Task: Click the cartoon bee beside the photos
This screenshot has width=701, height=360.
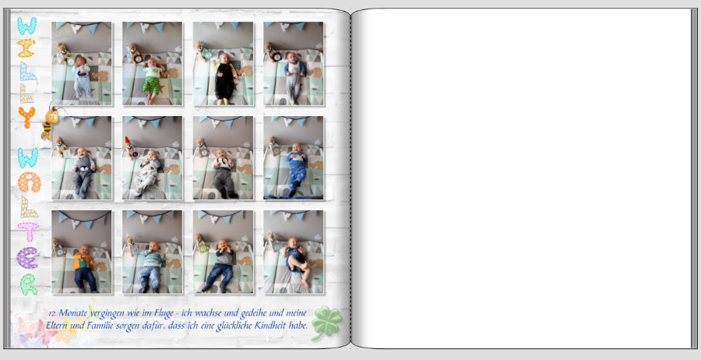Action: click(50, 122)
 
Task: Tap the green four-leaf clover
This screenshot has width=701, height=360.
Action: click(327, 322)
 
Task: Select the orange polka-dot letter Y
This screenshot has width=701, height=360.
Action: click(26, 117)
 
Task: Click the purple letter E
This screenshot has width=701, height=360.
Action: click(27, 258)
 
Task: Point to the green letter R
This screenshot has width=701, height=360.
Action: click(28, 284)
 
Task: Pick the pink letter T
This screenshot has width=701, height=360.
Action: click(28, 231)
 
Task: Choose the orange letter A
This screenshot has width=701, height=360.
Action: click(29, 182)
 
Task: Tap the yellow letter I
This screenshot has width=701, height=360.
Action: click(26, 48)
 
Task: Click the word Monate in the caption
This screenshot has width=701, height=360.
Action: click(72, 313)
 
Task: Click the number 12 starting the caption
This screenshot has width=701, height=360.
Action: click(51, 313)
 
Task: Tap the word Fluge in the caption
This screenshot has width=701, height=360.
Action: click(164, 314)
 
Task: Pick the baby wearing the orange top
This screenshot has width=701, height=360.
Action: click(84, 267)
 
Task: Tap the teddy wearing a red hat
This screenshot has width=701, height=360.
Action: click(131, 147)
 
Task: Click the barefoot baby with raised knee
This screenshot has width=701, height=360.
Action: click(297, 261)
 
